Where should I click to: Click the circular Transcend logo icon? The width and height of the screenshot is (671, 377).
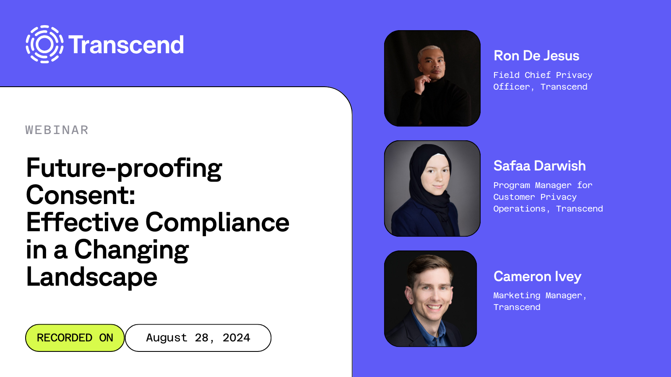pos(44,44)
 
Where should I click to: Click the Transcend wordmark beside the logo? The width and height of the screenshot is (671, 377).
pos(126,45)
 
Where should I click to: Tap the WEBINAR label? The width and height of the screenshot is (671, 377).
pos(57,130)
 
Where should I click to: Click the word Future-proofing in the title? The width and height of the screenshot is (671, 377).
pos(124,168)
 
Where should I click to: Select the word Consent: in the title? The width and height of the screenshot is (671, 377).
pos(81,195)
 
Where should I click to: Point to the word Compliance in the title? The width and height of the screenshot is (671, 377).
pos(217,222)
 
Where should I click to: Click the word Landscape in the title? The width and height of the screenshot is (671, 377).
pos(92,277)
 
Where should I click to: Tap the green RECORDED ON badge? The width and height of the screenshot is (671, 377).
pos(75,338)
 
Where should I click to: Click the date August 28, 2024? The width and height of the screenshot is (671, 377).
pos(198,338)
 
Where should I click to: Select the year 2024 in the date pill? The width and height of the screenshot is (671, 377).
pos(236,338)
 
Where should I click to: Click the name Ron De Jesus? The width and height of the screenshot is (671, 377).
pos(536,56)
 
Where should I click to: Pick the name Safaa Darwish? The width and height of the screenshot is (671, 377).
pos(539,166)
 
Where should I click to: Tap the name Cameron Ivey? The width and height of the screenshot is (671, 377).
pos(537,276)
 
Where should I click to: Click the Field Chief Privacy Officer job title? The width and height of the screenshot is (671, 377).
pos(543,81)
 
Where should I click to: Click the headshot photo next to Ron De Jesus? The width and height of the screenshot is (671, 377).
pos(432,78)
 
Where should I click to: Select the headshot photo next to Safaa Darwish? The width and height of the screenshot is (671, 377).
pos(432,188)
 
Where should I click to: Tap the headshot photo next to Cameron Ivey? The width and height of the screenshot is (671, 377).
pos(431,299)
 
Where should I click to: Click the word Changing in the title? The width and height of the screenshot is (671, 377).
pos(131,250)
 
